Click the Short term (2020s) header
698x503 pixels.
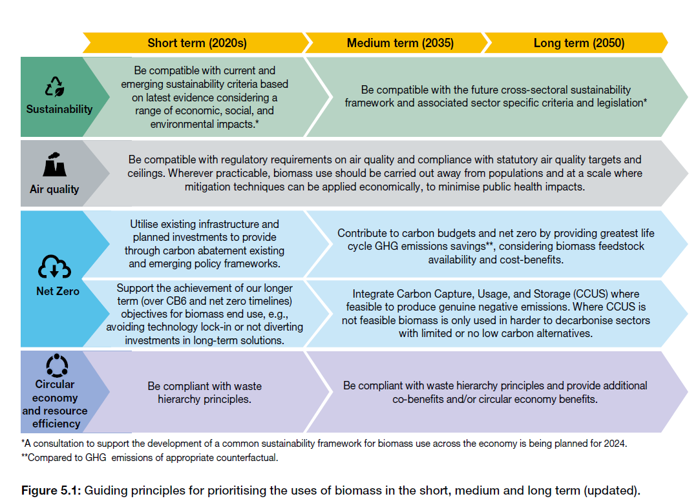(196, 43)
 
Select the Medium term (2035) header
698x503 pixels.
(400, 43)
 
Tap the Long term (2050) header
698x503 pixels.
(578, 43)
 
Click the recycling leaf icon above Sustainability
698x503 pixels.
(55, 87)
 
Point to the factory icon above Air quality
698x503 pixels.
(54, 164)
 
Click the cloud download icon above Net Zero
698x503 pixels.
(54, 267)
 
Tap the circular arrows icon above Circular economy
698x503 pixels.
(57, 365)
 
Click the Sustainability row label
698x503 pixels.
(59, 109)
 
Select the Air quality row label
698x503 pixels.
(54, 189)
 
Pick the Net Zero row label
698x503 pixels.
(58, 291)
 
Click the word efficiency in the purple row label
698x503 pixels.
(56, 424)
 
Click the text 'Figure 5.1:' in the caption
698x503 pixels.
(51, 491)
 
